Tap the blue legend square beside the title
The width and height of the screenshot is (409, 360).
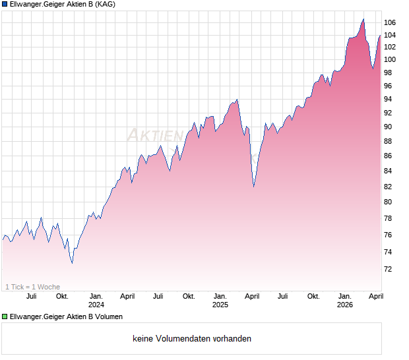tap(5, 5)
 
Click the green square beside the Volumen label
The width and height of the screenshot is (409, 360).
tap(5, 316)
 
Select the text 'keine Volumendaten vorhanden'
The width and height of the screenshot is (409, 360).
tap(192, 339)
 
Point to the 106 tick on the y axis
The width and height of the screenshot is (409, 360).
tap(390, 22)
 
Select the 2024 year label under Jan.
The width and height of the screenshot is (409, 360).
tap(96, 305)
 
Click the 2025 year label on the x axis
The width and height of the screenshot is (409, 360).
tap(220, 305)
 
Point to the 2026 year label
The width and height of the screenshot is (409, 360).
tap(345, 305)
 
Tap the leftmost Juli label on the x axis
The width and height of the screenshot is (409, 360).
tap(30, 296)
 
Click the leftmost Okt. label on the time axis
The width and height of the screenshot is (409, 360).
tap(62, 296)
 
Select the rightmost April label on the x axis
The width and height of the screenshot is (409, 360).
tap(375, 296)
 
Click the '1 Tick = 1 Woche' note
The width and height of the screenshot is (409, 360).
tap(32, 287)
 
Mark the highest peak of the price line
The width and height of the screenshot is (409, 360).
tap(363, 18)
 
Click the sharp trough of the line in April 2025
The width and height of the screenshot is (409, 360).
tap(254, 187)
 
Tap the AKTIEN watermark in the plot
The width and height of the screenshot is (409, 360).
tap(155, 135)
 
